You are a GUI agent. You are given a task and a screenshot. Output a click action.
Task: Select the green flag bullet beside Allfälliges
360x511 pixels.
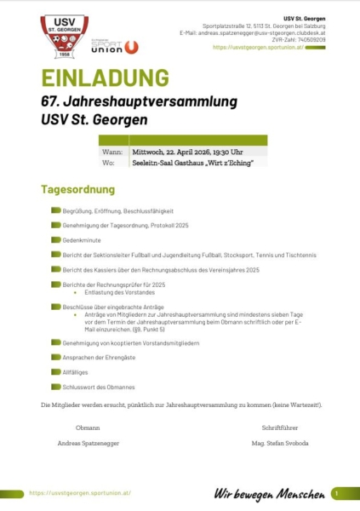click(x=55, y=372)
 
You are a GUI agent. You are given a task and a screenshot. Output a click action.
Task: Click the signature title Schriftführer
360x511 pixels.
click(x=280, y=428)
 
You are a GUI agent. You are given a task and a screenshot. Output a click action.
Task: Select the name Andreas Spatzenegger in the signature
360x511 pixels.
click(x=88, y=444)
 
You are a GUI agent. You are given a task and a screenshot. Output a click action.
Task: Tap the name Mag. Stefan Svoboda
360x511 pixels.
click(x=280, y=444)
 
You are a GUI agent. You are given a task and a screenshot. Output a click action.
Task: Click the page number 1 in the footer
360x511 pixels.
click(x=337, y=492)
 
